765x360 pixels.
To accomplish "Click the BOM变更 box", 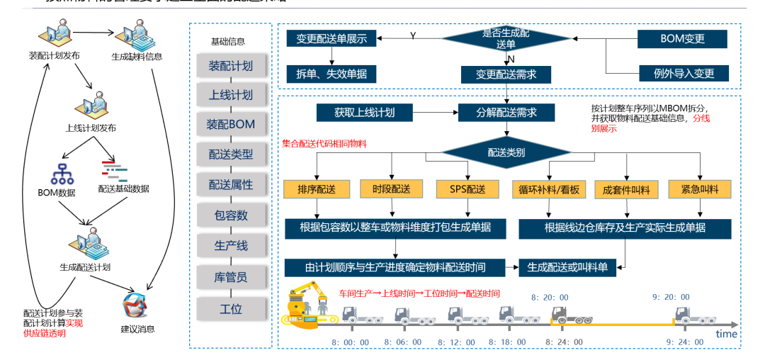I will (683, 39).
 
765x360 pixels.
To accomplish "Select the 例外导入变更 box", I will (683, 73).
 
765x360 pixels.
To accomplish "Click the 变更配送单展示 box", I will (331, 39).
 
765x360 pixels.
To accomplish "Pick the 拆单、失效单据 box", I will (331, 73).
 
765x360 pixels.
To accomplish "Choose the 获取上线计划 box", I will (365, 112).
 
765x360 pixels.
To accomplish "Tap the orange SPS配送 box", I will (467, 189).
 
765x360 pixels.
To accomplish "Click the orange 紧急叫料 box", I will (700, 189).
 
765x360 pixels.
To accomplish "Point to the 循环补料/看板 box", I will (545, 189).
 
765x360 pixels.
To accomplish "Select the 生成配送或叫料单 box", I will (567, 267).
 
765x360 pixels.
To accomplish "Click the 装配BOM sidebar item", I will (231, 124).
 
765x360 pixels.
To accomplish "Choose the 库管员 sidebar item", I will (231, 277).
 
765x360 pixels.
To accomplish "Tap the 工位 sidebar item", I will (231, 308).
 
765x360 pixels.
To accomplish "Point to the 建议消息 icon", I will (135, 306).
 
